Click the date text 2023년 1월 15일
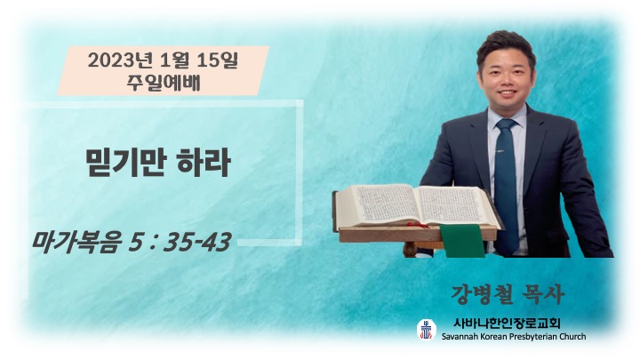(163, 60)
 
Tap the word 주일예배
(164, 84)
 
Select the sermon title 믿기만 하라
(158, 163)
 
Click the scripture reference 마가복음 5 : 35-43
(132, 242)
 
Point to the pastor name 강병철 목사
(508, 294)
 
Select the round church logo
(427, 330)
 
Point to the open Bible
(416, 207)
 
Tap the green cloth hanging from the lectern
(462, 240)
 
